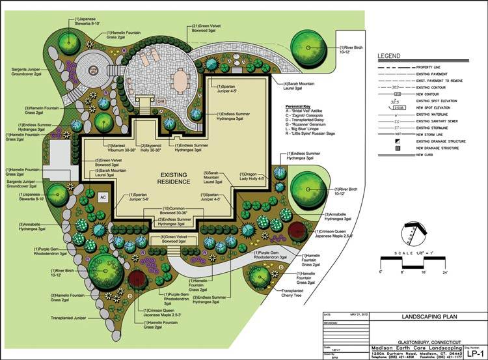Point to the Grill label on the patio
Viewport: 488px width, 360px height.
160,102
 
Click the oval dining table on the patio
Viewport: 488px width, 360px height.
179,79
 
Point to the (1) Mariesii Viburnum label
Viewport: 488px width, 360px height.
116,148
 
